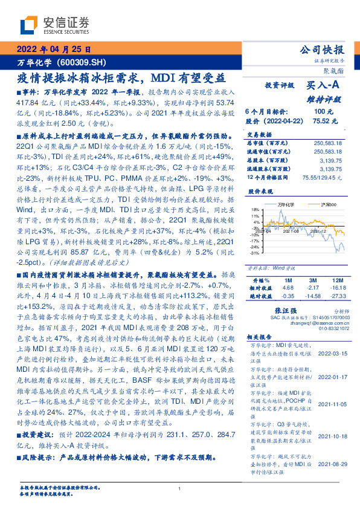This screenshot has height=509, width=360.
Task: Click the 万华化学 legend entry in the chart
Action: click(x=279, y=204)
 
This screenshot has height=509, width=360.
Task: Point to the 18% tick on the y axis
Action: click(x=256, y=210)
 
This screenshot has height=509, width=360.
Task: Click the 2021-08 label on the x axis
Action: click(x=292, y=248)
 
